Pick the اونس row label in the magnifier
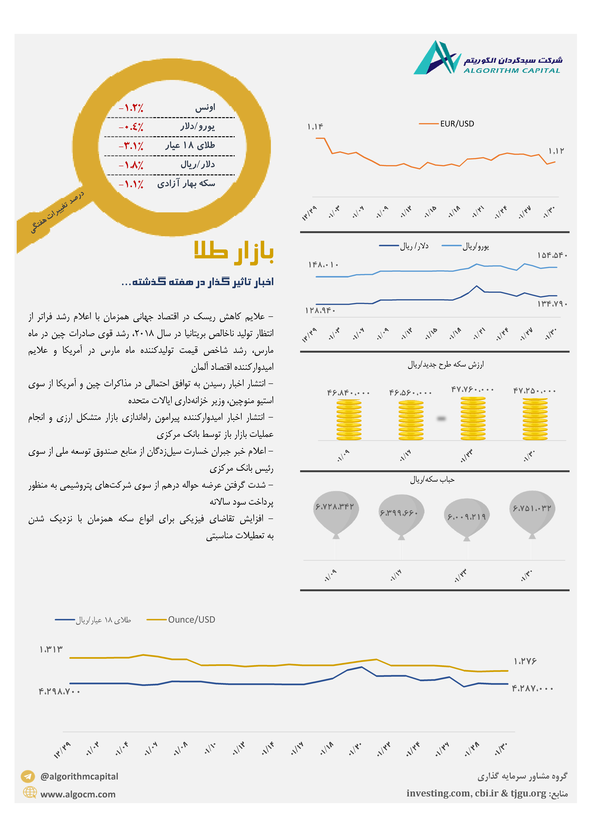coord(205,107)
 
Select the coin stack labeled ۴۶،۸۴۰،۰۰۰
coord(349,420)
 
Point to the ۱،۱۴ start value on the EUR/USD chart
coord(315,126)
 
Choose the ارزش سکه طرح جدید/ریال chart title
coord(446,365)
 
